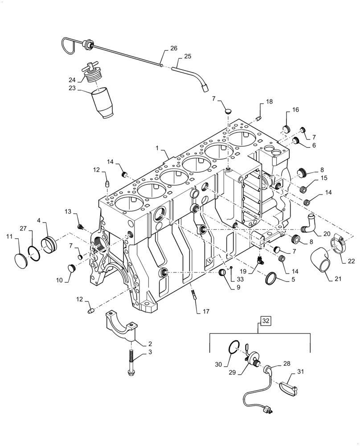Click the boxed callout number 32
coord(266,321)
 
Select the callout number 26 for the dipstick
coord(173,49)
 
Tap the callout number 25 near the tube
coord(187,57)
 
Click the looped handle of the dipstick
coord(68,44)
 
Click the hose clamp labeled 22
coord(340,246)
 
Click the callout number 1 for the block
coord(157,148)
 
